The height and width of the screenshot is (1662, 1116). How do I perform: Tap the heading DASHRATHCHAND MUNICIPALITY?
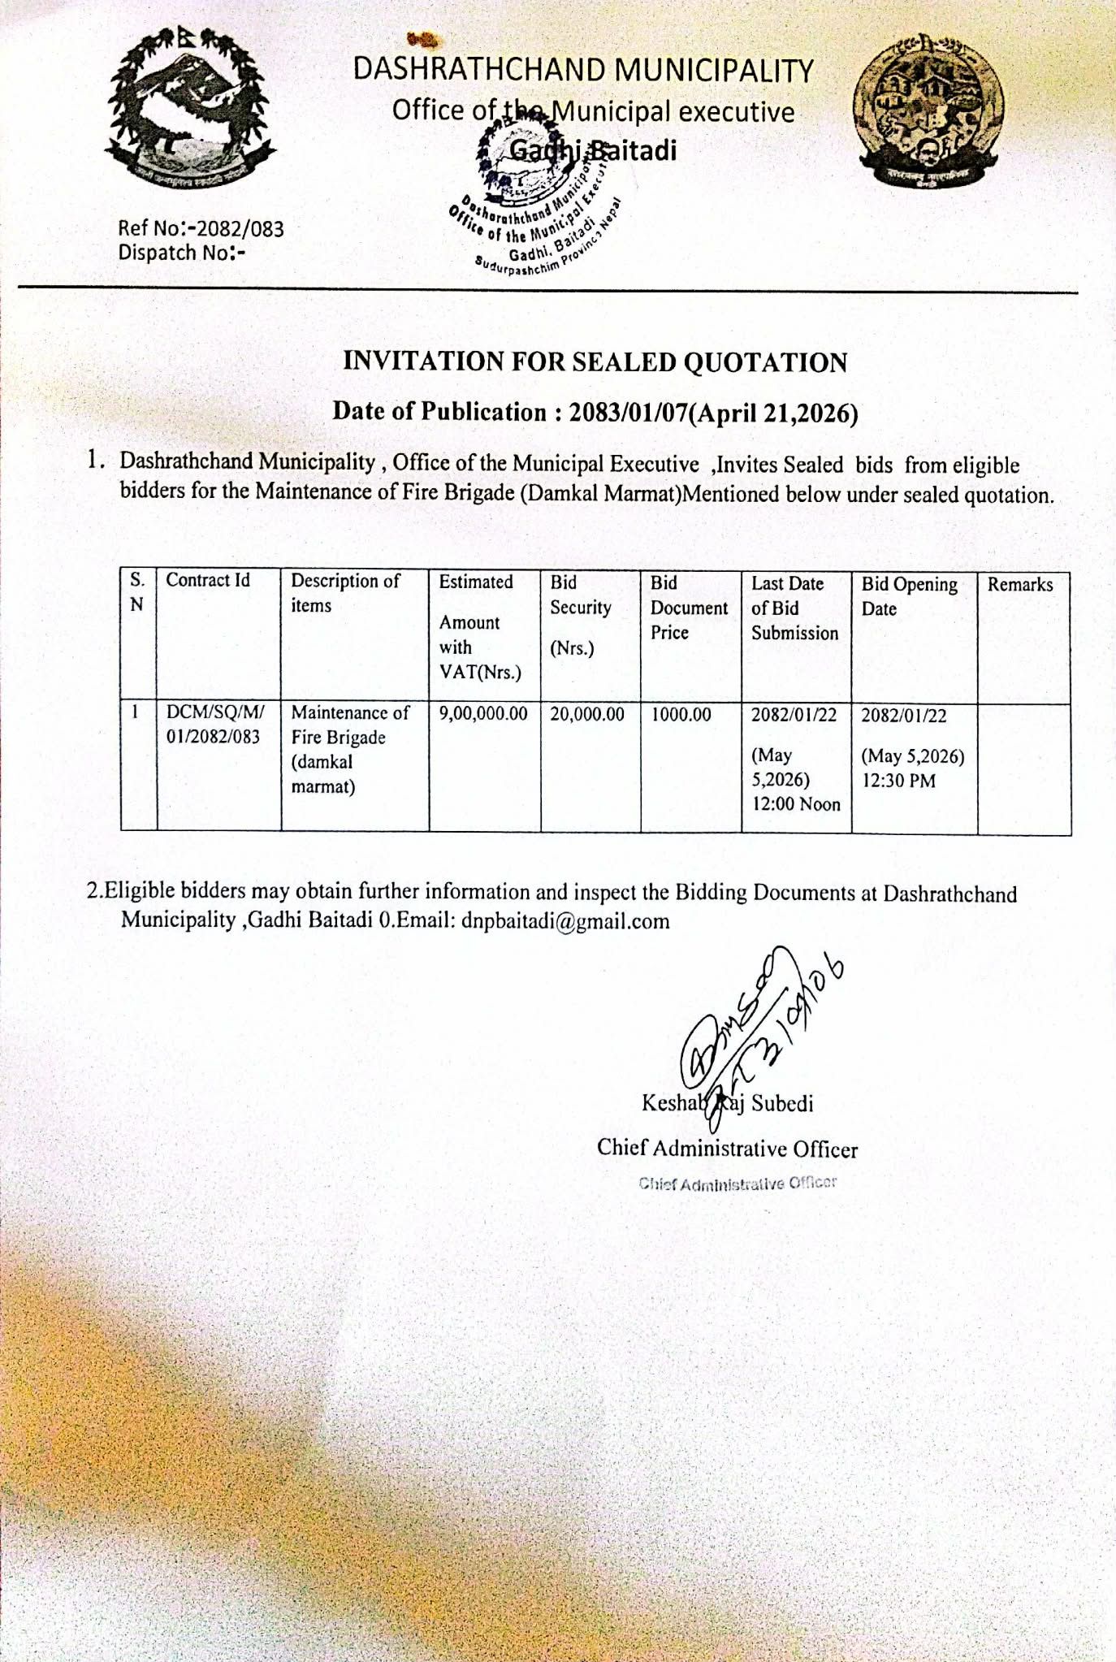tap(582, 70)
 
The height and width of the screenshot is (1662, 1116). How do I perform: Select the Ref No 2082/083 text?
tap(201, 228)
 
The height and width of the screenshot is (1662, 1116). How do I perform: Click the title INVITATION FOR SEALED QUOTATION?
tap(595, 361)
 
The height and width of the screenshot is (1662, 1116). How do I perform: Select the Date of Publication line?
tap(595, 413)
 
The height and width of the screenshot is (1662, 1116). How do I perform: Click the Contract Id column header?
tap(208, 580)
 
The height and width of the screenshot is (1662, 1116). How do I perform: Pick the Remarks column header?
tap(1019, 584)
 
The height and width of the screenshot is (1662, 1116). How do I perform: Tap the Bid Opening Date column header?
tap(909, 596)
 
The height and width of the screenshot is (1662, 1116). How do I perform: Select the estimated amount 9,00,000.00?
tap(483, 714)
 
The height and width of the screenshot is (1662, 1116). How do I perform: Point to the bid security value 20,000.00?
tap(587, 714)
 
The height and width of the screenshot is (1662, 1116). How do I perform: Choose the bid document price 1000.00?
tap(681, 715)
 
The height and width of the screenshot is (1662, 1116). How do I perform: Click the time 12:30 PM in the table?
tap(898, 781)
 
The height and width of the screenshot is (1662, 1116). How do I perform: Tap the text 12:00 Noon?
tap(796, 804)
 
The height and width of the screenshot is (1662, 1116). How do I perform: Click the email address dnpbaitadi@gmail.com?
tap(565, 921)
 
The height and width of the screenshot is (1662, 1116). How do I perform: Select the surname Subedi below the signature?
tap(782, 1103)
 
